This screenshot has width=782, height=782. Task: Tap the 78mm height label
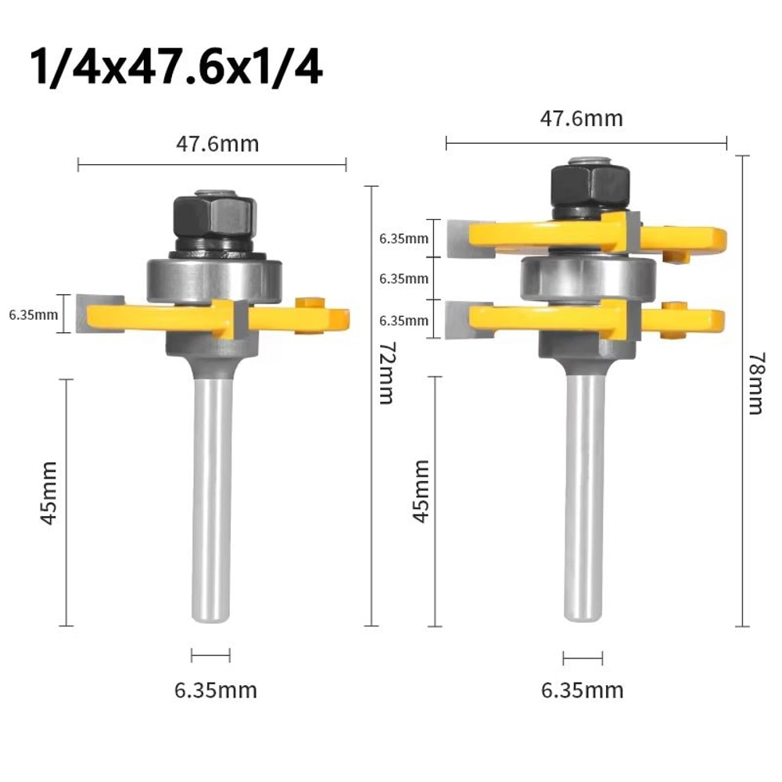755,384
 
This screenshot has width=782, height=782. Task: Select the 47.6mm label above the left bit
213,145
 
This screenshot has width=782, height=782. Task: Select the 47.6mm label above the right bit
582,119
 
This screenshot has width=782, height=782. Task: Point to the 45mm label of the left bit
49,503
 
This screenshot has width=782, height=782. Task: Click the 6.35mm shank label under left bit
215,691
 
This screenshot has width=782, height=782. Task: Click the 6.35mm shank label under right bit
583,691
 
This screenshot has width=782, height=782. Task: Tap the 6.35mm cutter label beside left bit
34,315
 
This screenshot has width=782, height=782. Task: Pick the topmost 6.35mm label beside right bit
404,239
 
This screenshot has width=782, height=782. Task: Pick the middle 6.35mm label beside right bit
404,278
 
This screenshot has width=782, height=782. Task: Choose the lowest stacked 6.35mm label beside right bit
404,320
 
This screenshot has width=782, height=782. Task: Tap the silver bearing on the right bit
588,275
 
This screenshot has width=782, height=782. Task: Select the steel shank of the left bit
211,500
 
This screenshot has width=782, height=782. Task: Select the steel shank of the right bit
585,500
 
